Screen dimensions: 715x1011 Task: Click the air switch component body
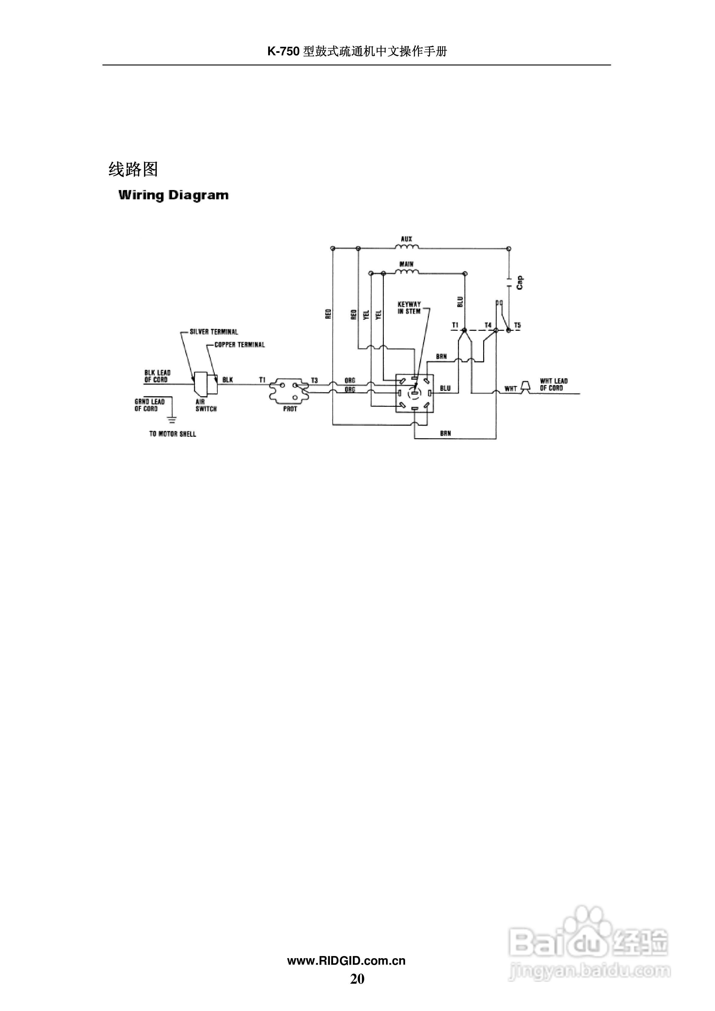(205, 383)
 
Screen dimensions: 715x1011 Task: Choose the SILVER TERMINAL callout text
(214, 332)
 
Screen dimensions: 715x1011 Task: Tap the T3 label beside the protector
(314, 380)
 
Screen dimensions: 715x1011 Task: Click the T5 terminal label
(517, 325)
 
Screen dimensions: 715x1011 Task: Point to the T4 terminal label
(488, 325)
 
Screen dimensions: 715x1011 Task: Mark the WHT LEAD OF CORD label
(553, 385)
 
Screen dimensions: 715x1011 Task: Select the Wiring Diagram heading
(174, 195)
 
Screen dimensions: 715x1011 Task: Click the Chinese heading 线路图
(133, 169)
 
